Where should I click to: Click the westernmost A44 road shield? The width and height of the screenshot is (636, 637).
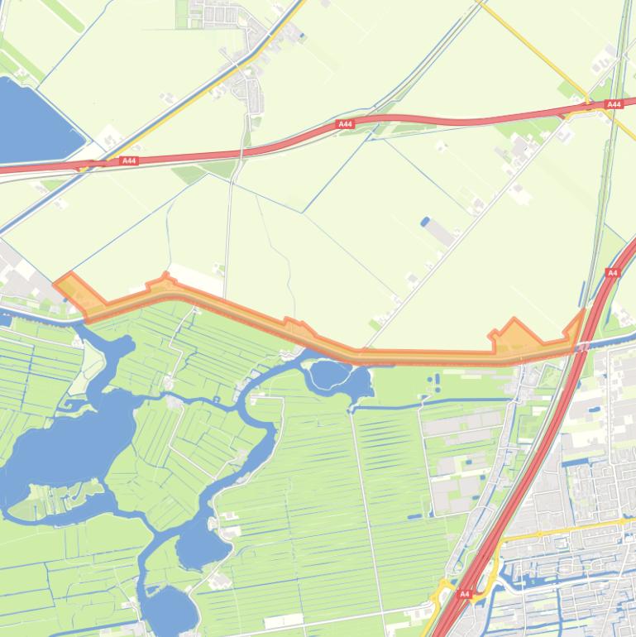[128, 161]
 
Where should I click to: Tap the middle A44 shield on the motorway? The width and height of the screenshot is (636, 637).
[345, 124]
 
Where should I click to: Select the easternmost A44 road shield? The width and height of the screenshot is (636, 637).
[613, 105]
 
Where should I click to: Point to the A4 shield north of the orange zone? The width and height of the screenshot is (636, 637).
[612, 273]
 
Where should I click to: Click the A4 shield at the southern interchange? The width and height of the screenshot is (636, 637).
[464, 594]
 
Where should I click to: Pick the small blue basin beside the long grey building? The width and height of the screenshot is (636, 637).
[425, 222]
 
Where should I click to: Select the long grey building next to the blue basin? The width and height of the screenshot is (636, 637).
[440, 233]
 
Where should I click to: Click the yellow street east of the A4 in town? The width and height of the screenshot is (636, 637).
[571, 529]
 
